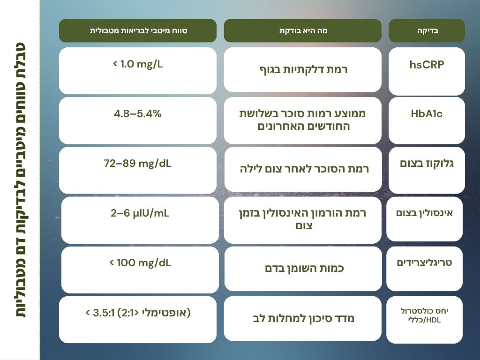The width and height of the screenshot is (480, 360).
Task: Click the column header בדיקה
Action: [x=427, y=30]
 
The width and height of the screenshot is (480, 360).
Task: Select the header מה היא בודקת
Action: [x=303, y=30]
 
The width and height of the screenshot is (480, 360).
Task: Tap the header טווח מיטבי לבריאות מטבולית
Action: [x=138, y=30]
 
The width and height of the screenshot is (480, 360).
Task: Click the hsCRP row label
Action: [x=427, y=65]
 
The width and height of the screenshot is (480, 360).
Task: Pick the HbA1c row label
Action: [x=427, y=114]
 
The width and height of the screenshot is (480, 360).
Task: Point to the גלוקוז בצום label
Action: [x=427, y=164]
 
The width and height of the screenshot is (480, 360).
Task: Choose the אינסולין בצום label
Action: [x=424, y=213]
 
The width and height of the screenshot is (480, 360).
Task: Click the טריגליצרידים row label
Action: [x=424, y=262]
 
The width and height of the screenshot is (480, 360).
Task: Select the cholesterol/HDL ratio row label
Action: [x=424, y=315]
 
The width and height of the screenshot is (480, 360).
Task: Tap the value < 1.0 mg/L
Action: [x=138, y=64]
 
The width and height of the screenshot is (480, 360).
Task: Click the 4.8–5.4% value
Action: [x=138, y=114]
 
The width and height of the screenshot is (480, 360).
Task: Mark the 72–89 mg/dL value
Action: [x=138, y=164]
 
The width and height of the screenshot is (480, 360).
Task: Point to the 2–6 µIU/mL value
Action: [x=140, y=213]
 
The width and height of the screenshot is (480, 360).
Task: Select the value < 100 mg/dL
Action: [x=140, y=262]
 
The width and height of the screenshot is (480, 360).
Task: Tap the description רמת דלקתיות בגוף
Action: [x=303, y=70]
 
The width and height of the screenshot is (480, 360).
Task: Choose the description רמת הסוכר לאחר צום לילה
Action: [x=304, y=169]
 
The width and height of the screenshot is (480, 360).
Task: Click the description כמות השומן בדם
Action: [x=304, y=269]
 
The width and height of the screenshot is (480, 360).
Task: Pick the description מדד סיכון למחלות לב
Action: [x=304, y=319]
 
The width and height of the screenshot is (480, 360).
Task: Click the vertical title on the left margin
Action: [x=20, y=180]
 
